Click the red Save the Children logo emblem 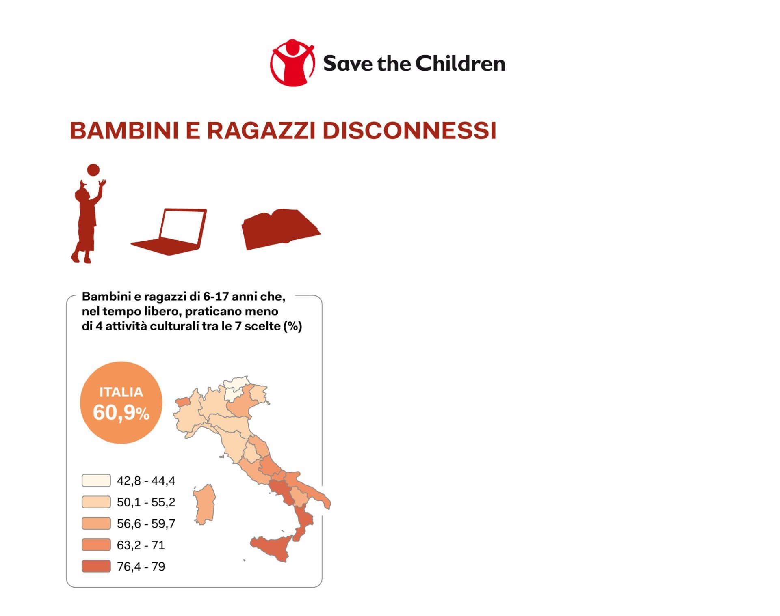point(292,63)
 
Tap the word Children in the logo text point(460,64)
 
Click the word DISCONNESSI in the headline point(409,131)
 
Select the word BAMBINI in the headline point(124,131)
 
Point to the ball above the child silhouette point(93,170)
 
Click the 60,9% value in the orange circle point(121,413)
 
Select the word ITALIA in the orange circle point(121,392)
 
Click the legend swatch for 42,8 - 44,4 point(96,480)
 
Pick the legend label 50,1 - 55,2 point(146,502)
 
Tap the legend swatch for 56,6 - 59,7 point(96,523)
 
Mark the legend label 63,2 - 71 point(141,545)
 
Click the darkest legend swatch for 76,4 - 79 point(96,566)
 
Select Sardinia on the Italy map point(204,504)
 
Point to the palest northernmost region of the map point(236,387)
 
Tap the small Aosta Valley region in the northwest point(182,402)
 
